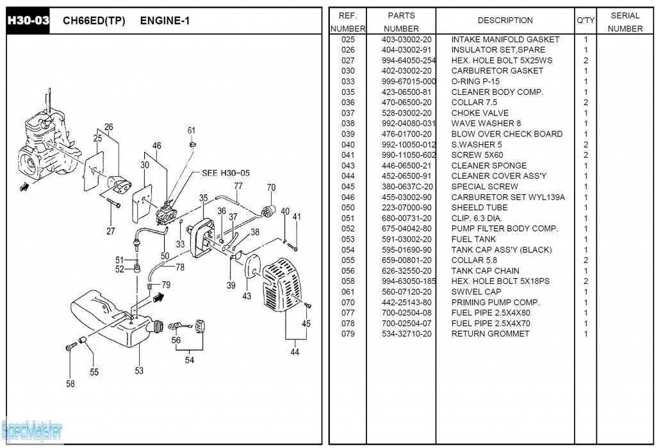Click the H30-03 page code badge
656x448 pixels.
28,21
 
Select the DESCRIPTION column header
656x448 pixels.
505,21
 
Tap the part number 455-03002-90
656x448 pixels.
407,197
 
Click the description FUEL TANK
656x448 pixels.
473,239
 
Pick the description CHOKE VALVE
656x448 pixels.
480,113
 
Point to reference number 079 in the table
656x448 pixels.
348,334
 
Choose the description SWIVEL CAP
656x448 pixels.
476,292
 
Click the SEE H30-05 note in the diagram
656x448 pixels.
225,173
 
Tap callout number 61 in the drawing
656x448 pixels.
192,131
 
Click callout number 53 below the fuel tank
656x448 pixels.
139,370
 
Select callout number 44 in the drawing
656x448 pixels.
294,351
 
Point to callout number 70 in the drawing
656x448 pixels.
271,188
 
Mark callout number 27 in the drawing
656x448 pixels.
111,231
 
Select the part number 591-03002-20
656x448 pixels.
407,239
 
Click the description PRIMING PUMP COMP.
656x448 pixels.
495,303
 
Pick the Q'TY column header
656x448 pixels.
586,21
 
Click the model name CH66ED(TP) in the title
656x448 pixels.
94,21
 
